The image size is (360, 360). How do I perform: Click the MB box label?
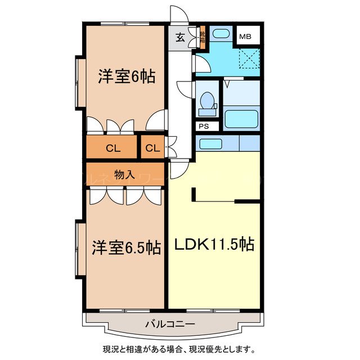[x=245, y=37]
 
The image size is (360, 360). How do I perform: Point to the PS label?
[x=202, y=126]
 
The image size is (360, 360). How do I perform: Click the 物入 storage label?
[x=124, y=174]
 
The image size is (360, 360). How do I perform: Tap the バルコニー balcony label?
[x=170, y=323]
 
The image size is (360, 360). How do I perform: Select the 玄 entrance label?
[x=180, y=39]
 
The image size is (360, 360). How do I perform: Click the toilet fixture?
[x=207, y=101]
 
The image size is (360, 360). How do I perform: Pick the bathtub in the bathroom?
[x=241, y=119]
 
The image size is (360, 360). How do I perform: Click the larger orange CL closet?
[x=112, y=148]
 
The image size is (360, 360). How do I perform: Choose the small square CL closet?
[x=152, y=148]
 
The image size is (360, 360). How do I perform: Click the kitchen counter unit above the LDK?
[x=227, y=143]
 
